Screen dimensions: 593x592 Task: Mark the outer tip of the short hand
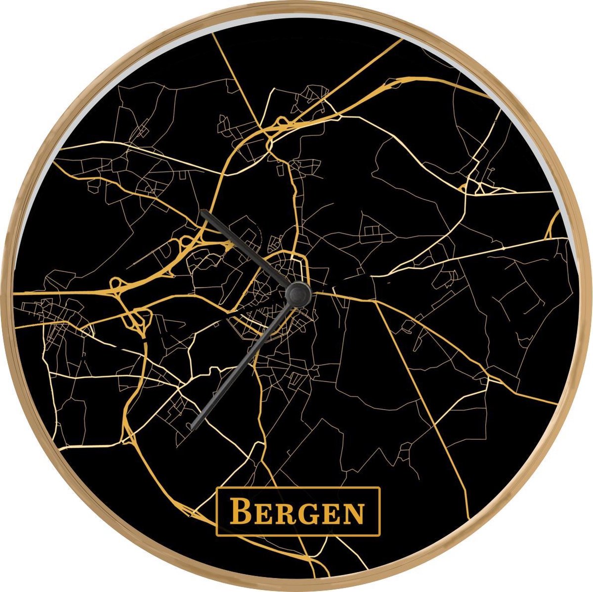point(202,212)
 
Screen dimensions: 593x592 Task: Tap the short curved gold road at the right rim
point(553,225)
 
